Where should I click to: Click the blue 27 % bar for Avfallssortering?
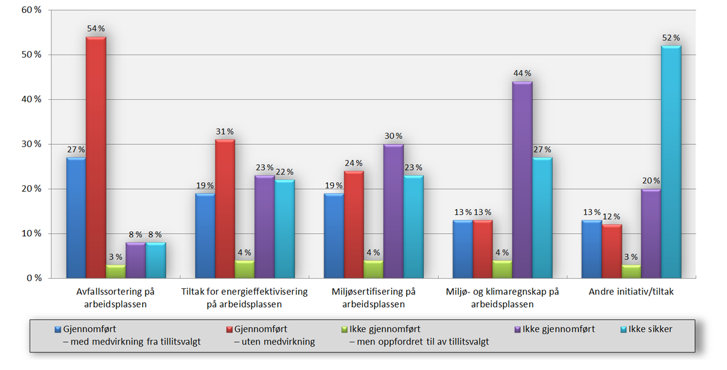point(76,217)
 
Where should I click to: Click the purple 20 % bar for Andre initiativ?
point(651,233)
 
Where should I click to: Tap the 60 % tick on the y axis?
point(30,10)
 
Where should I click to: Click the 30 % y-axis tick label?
point(30,144)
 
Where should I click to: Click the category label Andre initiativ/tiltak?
point(631,292)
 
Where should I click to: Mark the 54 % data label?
point(96,28)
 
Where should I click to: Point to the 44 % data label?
point(522,73)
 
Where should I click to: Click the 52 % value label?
point(671,38)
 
